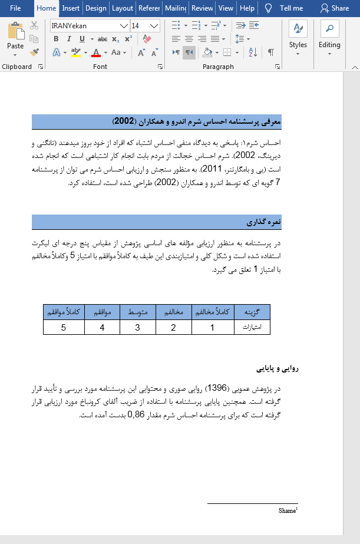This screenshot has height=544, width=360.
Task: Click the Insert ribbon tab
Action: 71,8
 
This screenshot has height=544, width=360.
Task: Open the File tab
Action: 16,8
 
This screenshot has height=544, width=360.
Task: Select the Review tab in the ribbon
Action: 202,8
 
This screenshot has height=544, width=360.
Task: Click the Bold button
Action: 56,39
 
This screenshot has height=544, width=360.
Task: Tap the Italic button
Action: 69,39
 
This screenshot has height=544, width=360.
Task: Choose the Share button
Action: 335,8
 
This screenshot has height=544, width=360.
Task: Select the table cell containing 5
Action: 64,327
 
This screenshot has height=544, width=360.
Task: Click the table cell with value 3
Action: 137,327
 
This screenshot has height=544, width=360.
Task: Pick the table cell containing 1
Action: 213,327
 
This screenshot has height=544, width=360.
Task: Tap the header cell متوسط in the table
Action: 137,312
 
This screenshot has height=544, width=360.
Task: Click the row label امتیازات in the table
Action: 252,327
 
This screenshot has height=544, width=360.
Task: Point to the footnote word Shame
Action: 287,511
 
